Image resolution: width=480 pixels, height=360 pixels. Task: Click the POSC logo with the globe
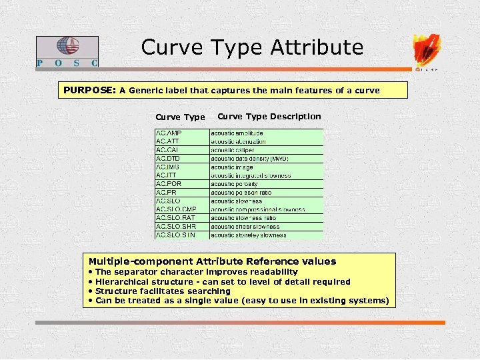click(67, 51)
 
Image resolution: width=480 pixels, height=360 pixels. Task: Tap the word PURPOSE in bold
click(89, 90)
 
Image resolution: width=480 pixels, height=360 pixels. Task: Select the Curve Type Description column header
click(269, 117)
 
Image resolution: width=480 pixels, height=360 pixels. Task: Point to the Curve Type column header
click(180, 117)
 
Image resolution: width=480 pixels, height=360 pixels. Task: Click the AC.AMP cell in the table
click(169, 133)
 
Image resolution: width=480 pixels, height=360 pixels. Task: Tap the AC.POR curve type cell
click(169, 184)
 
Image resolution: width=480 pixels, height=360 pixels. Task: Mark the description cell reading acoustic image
click(233, 167)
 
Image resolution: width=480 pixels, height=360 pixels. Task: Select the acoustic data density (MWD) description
click(249, 159)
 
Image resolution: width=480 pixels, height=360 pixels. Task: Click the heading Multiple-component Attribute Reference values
click(213, 261)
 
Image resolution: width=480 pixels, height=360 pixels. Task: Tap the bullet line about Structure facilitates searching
click(163, 291)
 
